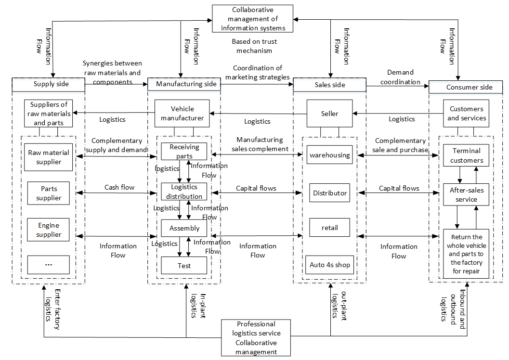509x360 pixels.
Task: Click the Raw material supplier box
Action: pos(48,157)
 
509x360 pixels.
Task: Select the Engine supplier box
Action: pos(48,230)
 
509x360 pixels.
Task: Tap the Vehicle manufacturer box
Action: pos(182,114)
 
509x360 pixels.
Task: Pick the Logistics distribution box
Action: pos(184,192)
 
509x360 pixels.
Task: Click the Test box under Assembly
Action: pos(184,265)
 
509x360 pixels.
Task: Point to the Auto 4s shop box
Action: pos(330,265)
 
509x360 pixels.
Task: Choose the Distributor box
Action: pos(330,193)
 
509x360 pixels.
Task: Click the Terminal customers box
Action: pos(467,155)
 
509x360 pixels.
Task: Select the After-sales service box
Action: pos(467,194)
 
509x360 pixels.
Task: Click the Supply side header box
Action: pos(48,84)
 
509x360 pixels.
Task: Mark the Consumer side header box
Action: pos(469,87)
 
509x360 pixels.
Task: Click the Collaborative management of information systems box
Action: pos(253,19)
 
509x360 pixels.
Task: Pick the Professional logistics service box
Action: pos(256,337)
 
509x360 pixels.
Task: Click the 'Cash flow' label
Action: pos(119,187)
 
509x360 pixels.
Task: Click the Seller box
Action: pos(330,114)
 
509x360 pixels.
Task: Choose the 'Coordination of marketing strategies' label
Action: pos(257,73)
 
